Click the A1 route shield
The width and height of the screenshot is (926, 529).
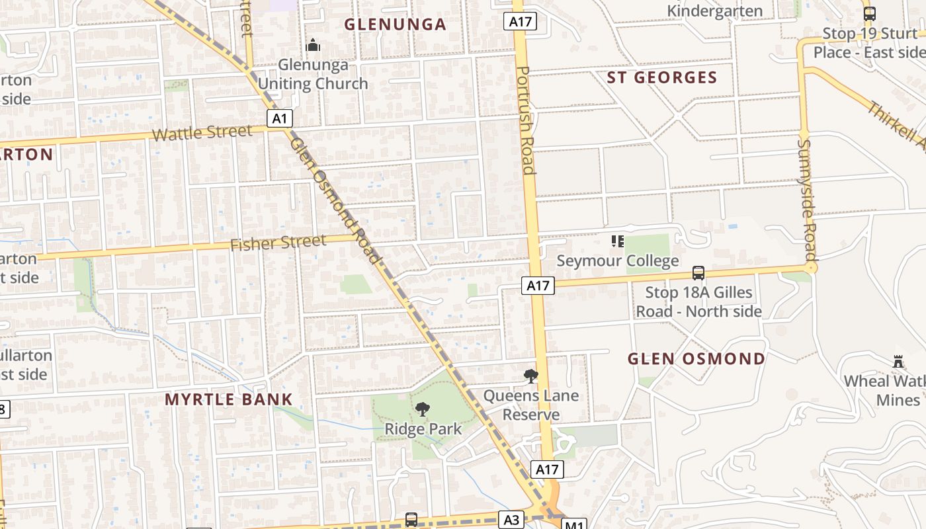[x=280, y=118]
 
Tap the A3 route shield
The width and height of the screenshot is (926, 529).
[x=512, y=520]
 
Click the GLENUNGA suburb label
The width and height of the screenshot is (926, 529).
[x=396, y=24]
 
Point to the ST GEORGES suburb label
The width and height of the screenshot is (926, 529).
[x=662, y=77]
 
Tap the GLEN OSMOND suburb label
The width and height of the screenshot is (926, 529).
[x=696, y=359]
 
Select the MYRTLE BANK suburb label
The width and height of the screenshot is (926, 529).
[x=228, y=399]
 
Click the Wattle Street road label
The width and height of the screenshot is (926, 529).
[x=202, y=133]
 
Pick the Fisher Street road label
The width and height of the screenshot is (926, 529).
[x=278, y=243]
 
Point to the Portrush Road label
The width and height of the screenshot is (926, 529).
[x=526, y=120]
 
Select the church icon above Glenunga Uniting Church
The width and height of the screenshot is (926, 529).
[x=313, y=46]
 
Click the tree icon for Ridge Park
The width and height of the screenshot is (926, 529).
[x=422, y=409]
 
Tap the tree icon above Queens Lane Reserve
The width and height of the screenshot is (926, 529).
[x=530, y=376]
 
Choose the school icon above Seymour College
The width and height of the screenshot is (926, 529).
[x=617, y=241]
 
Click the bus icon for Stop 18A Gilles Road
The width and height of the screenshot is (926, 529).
[x=698, y=272]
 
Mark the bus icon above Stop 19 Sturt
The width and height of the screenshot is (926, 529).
[x=870, y=13]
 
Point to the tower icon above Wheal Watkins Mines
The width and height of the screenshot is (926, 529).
[x=898, y=361]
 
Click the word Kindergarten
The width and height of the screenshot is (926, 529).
[x=715, y=11]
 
